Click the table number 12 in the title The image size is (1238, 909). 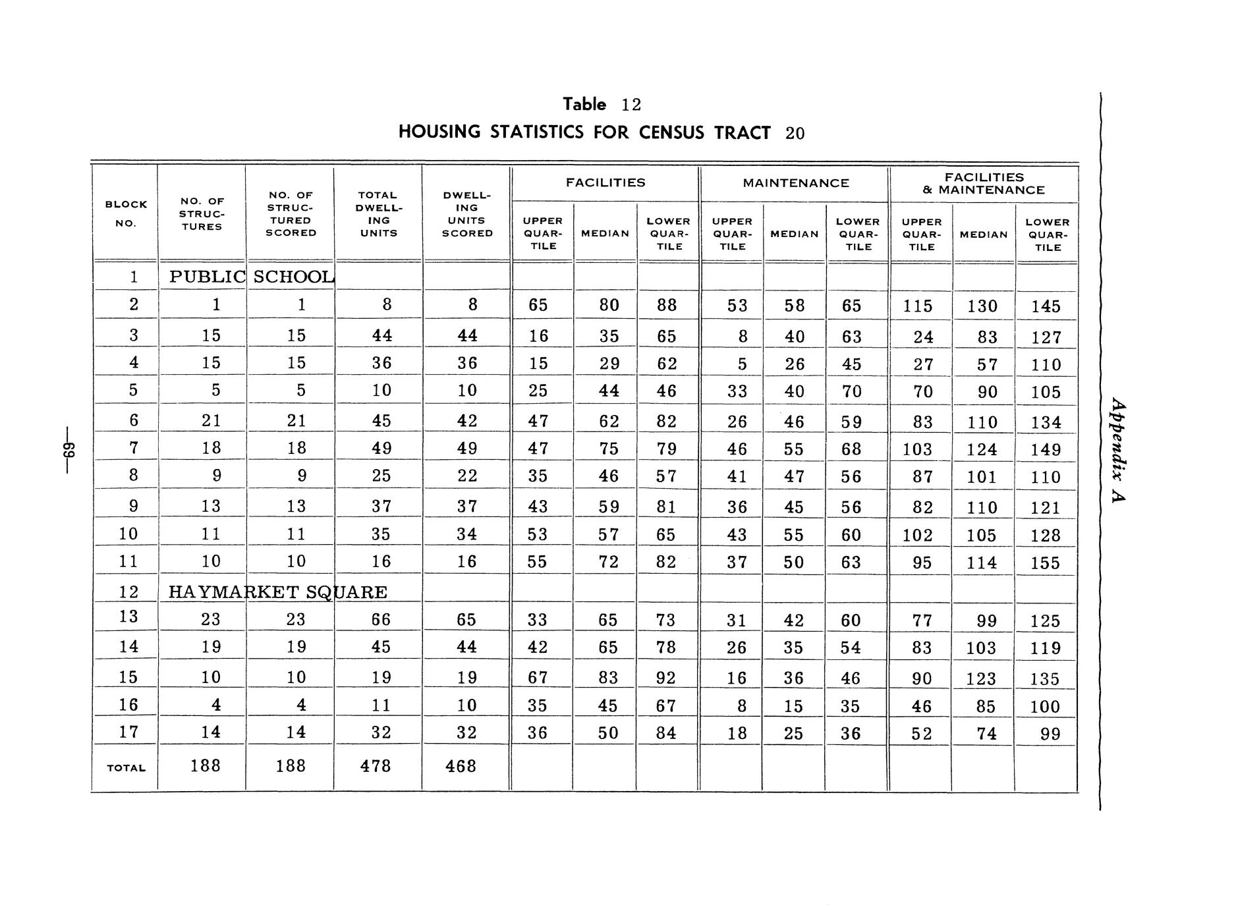[x=631, y=105]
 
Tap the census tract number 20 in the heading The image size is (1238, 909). [x=795, y=134]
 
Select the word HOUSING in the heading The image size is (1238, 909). [x=439, y=132]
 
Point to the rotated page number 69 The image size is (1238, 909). [x=69, y=451]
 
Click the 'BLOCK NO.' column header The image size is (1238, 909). [x=126, y=213]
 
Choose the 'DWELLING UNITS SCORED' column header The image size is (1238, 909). [x=467, y=214]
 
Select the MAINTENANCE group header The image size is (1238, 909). [x=796, y=183]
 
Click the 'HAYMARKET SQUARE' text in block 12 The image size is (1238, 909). [x=277, y=592]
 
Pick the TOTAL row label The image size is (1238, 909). [x=126, y=768]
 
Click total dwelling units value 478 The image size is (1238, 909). [x=376, y=766]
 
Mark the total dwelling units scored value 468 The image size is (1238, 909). [x=461, y=766]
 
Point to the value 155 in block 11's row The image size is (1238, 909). [x=1046, y=563]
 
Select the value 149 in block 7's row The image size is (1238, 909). [x=1046, y=450]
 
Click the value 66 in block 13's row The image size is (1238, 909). [x=381, y=620]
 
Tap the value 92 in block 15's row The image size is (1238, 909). [x=666, y=678]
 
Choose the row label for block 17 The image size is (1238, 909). [x=128, y=732]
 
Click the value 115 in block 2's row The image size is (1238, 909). [x=918, y=306]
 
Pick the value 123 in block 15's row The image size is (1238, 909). [x=981, y=678]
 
